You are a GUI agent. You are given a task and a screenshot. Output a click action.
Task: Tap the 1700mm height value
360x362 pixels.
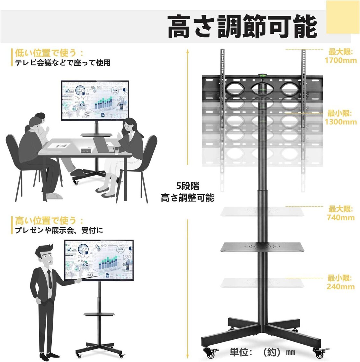[x=340, y=60]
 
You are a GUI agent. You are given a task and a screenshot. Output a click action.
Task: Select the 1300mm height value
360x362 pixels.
[x=340, y=122]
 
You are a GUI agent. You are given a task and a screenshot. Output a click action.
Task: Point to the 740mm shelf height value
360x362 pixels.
[x=340, y=217]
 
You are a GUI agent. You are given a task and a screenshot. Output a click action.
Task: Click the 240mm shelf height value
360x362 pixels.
[x=340, y=286]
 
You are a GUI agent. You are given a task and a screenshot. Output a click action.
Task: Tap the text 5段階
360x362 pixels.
[x=188, y=186]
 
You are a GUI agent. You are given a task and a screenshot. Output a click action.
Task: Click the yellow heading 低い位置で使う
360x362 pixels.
[x=45, y=52]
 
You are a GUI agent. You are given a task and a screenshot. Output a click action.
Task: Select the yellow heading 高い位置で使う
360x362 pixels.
[x=45, y=221]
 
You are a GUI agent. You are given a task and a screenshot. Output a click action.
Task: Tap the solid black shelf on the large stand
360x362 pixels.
[x=262, y=247]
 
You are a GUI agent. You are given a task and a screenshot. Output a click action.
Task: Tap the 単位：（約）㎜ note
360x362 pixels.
[x=262, y=352]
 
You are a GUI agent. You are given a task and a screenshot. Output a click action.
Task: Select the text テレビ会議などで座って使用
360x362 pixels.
[x=63, y=63]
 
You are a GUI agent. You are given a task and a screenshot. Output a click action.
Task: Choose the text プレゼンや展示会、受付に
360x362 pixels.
[x=59, y=231]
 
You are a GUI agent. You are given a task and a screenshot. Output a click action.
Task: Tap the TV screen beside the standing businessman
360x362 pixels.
[x=99, y=259]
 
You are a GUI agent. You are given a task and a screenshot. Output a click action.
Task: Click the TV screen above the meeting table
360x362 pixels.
[x=95, y=100]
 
